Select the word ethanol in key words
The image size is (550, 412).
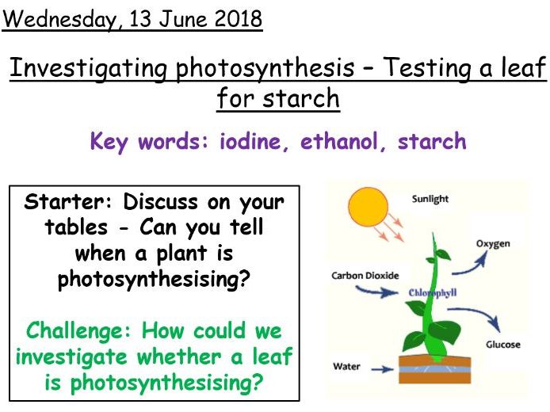[344, 142]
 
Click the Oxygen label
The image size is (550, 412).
[492, 243]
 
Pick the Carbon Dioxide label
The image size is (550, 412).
[365, 275]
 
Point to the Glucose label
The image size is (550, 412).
[502, 345]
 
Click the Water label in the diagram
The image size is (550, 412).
[346, 367]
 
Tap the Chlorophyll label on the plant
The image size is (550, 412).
[432, 292]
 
